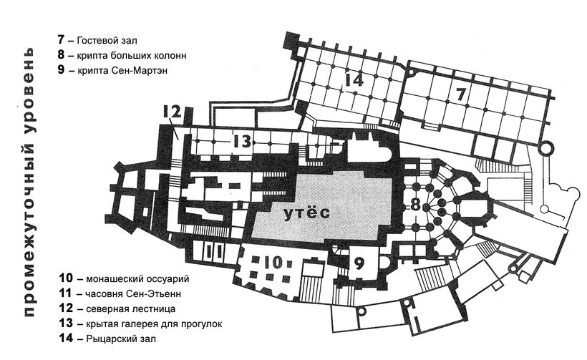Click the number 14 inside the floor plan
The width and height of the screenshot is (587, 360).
coord(354,80)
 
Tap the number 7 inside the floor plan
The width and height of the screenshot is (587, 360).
coord(460,94)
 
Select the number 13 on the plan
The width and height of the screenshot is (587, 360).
coord(241,142)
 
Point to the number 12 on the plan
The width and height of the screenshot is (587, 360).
coord(173,112)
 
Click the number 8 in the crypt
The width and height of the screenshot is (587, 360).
coord(415,205)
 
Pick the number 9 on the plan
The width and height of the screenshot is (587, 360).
coord(359,264)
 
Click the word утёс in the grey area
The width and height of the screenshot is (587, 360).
coord(307,212)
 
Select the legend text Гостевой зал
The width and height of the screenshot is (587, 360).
coord(107,40)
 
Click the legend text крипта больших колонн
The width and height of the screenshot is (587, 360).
coord(132,55)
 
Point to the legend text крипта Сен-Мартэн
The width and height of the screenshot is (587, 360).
coord(122,70)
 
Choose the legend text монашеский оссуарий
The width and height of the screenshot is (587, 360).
coord(137,279)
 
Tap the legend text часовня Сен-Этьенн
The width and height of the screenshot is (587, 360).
coord(133,294)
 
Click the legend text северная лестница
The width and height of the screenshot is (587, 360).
coord(131,309)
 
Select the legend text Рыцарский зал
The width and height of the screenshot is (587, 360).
coord(120,339)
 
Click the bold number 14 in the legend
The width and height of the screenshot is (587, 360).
coord(66,339)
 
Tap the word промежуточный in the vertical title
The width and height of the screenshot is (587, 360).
coord(30,224)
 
